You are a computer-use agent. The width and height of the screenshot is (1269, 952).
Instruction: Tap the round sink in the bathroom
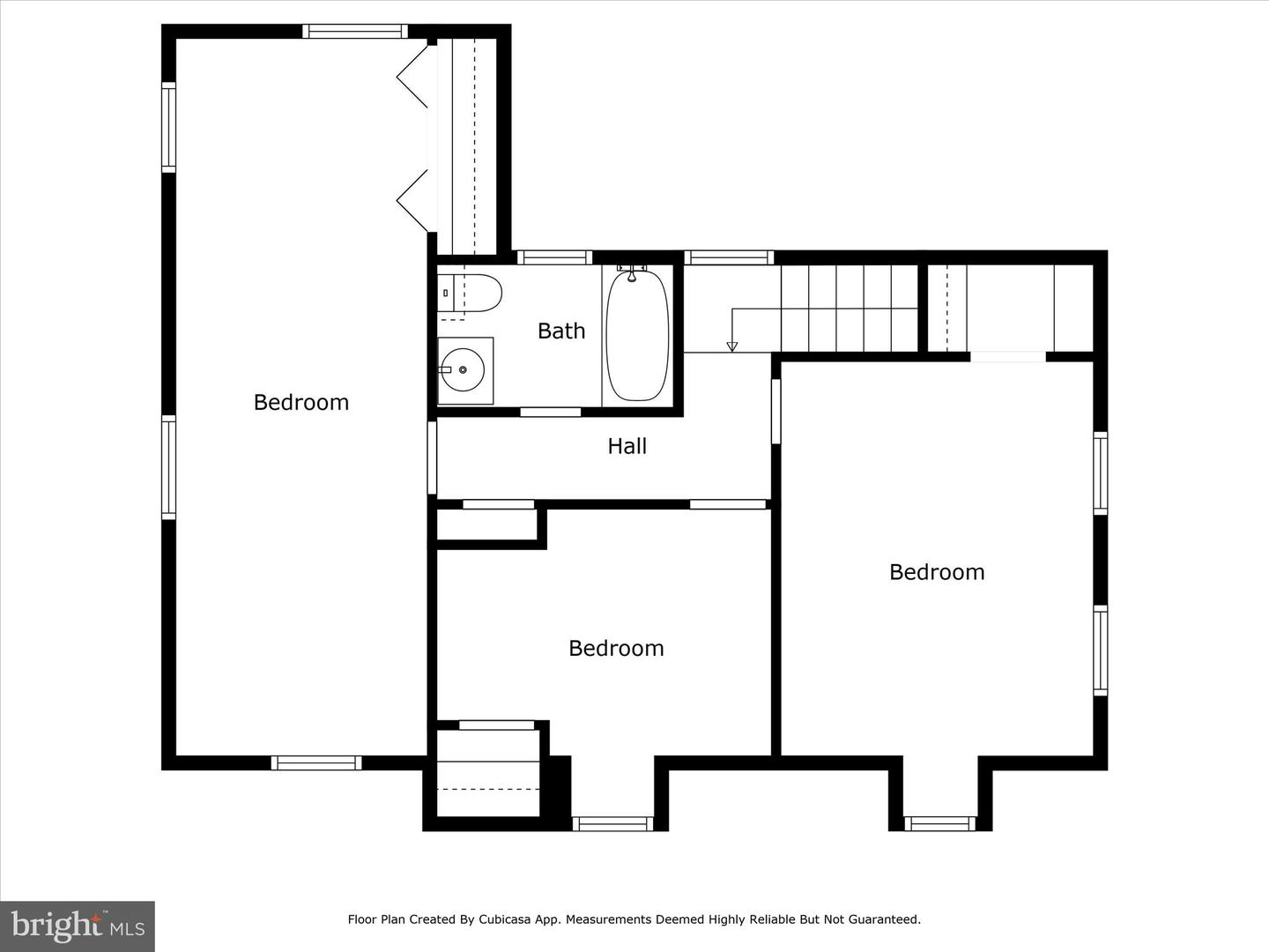tap(463, 370)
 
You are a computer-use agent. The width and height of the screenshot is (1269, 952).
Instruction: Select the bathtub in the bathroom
tap(636, 336)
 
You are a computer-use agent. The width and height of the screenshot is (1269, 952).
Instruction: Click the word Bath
tap(561, 331)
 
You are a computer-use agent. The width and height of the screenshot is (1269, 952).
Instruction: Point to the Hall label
tap(627, 446)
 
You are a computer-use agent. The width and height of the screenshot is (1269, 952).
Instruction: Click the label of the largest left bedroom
tap(301, 402)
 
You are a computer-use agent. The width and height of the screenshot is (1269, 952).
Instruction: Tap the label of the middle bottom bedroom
tap(616, 648)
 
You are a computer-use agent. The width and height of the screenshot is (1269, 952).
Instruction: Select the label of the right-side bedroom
tap(936, 572)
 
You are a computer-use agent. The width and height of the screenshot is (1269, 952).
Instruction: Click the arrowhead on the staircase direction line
tap(731, 346)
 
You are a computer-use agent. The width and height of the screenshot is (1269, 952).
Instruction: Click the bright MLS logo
tap(78, 926)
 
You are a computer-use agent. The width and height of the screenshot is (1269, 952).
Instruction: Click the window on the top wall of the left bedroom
tap(355, 32)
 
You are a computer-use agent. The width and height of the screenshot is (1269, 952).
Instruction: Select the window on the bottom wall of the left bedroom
tap(316, 762)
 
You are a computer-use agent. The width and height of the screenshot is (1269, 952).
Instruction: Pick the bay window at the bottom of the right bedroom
tap(940, 823)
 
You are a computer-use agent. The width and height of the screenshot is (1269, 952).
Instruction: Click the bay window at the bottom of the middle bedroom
tap(612, 823)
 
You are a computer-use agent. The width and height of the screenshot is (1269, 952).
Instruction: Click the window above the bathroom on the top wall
tap(553, 257)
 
